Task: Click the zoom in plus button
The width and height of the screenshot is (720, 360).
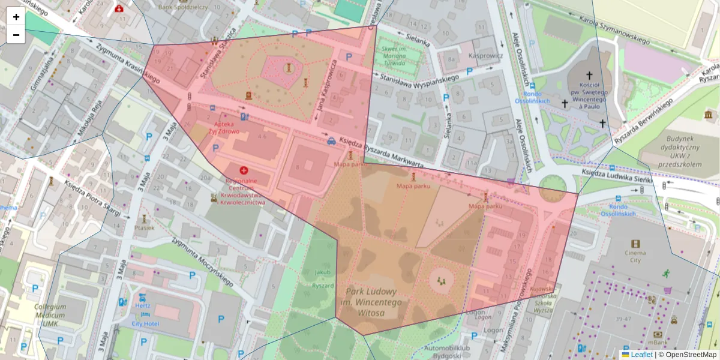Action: pos(16,17)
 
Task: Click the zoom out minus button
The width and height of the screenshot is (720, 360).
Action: pos(16,35)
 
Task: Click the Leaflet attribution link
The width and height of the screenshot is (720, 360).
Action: pos(641,355)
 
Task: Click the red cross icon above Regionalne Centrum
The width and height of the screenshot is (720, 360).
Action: pos(244,170)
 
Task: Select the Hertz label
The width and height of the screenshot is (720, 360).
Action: pos(142,305)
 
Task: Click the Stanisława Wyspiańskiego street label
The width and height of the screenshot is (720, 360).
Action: pos(416,77)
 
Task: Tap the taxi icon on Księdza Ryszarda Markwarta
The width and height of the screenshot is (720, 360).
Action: pos(331,142)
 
